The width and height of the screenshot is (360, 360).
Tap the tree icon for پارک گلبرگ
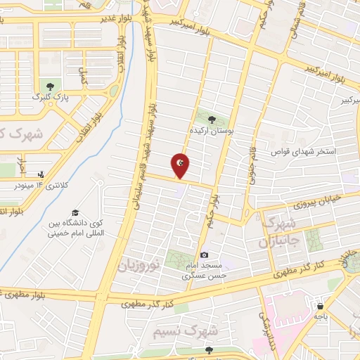(x=48, y=86)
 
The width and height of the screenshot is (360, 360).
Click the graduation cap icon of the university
(x=75, y=213)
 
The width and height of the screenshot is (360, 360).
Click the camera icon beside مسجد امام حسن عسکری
(x=204, y=255)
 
